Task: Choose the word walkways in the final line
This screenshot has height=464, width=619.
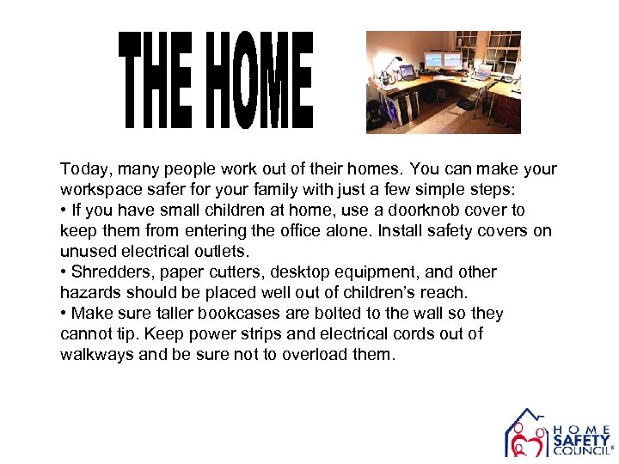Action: pyautogui.click(x=95, y=355)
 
